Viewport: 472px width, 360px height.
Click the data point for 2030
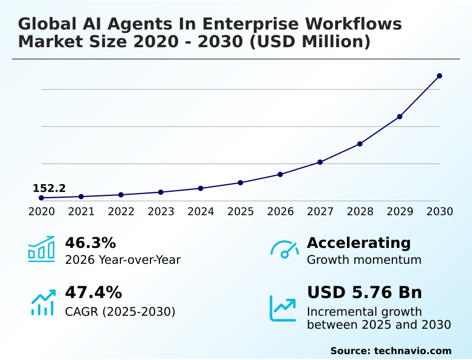440,76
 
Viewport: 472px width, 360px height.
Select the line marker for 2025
241,182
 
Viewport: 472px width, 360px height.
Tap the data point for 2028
360,144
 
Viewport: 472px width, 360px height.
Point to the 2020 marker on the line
41,198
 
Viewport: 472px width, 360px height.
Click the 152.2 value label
49,188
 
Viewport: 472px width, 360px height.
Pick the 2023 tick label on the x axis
161,211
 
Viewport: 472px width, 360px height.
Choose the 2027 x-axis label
320,211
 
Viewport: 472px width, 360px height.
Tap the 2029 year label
400,211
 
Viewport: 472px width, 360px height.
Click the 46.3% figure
90,243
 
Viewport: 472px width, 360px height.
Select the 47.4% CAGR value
93,293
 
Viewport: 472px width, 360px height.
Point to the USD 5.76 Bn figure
365,293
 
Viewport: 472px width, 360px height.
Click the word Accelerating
359,243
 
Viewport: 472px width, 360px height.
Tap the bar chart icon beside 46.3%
41,249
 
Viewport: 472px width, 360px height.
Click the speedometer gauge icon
284,249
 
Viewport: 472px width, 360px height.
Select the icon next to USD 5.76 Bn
283,308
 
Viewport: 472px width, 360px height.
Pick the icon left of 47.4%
42,302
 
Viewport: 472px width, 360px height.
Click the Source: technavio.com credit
391,351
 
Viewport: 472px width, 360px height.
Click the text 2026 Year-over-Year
123,260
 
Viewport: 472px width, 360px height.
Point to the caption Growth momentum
364,260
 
